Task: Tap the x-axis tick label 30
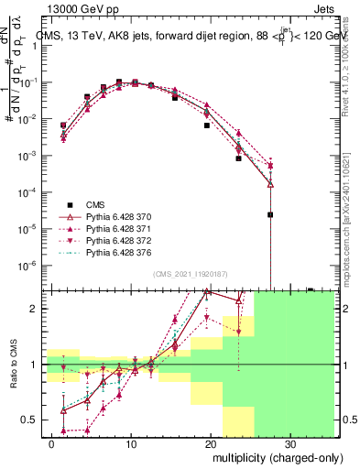click(x=289, y=443)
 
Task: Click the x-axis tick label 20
click(x=210, y=443)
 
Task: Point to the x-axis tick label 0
click(x=51, y=443)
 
